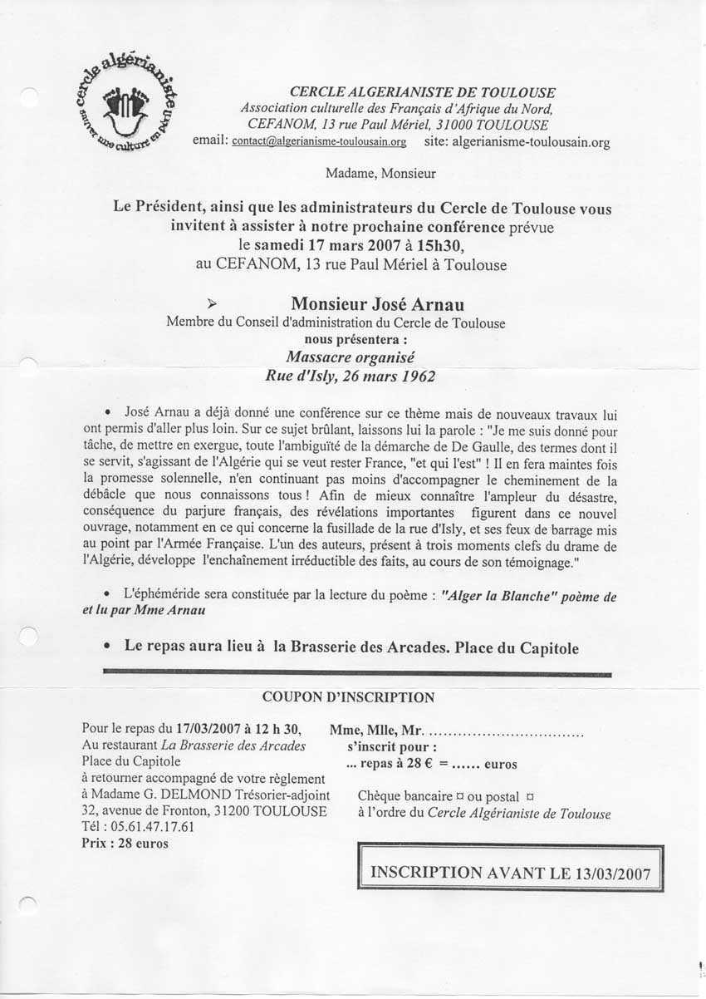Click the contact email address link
tap(319, 142)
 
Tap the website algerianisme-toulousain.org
tap(532, 142)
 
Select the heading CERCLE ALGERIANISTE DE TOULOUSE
tap(423, 93)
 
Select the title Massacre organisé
tap(349, 357)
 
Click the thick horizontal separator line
tap(357, 673)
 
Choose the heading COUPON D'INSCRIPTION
tap(348, 696)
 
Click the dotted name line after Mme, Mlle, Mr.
tap(507, 732)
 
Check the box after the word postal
tap(531, 796)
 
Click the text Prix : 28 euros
tap(125, 843)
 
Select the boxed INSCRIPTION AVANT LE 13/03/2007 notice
tap(511, 873)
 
